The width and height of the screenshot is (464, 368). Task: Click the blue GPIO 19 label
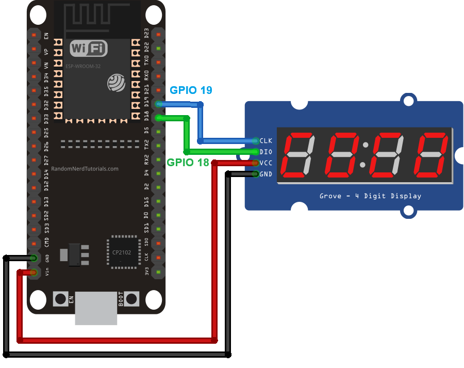tap(191, 90)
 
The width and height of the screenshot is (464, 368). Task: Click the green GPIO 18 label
tap(188, 162)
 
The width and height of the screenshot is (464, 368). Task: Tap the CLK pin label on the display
tap(266, 140)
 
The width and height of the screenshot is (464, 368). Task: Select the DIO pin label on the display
tap(266, 152)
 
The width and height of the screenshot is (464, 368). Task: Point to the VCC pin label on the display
tap(266, 163)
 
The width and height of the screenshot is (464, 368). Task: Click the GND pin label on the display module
tap(266, 174)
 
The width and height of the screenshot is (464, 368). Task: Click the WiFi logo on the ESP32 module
tap(89, 49)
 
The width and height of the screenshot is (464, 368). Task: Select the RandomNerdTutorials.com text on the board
tap(85, 169)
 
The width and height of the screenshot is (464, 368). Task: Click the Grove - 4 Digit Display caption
tap(370, 196)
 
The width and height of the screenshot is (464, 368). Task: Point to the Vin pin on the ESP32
tap(34, 272)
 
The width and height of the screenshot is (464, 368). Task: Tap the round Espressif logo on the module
tap(117, 83)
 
